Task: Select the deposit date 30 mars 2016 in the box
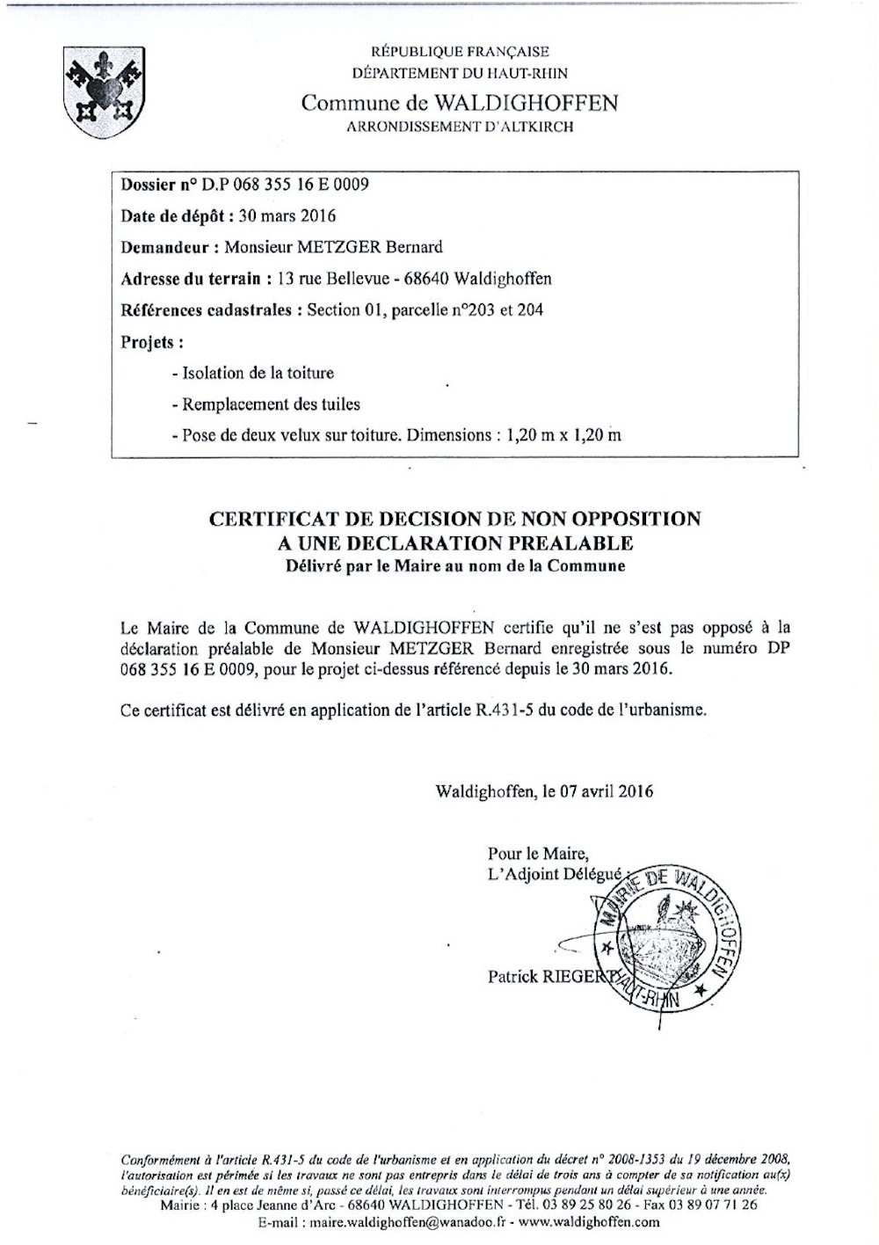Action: click(x=287, y=216)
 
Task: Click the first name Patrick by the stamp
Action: click(x=513, y=976)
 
